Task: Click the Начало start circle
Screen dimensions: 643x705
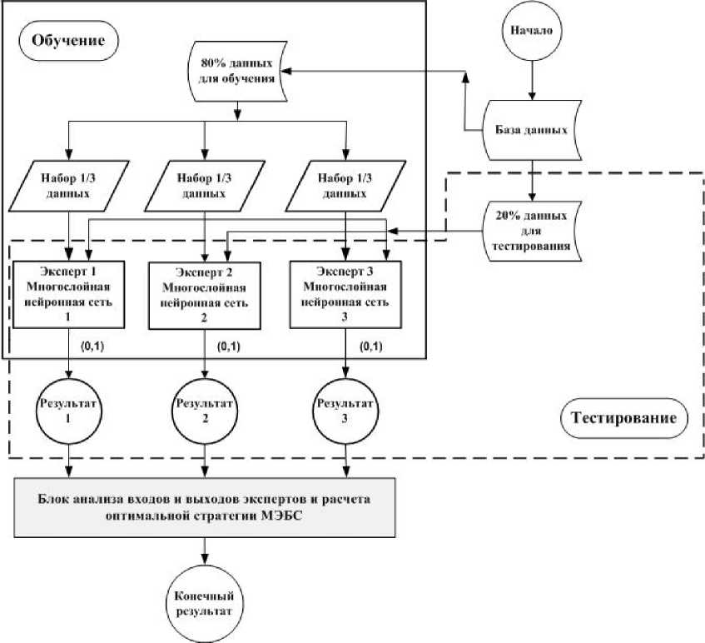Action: pyautogui.click(x=532, y=32)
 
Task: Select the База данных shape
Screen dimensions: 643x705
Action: pyautogui.click(x=532, y=131)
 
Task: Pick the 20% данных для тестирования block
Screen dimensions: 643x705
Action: pyautogui.click(x=532, y=231)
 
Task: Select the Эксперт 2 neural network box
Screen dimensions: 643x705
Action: pyautogui.click(x=206, y=296)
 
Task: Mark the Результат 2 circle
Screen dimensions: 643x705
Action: pyautogui.click(x=206, y=412)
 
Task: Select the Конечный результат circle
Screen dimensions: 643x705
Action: pyautogui.click(x=204, y=599)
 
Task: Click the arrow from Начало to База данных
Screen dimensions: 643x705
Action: pyautogui.click(x=532, y=78)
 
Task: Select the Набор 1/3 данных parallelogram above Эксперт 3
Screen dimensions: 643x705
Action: pyautogui.click(x=346, y=184)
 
